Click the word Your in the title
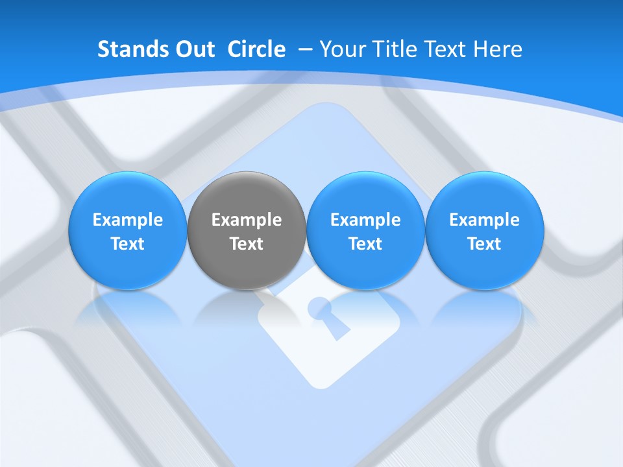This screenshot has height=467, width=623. [343, 49]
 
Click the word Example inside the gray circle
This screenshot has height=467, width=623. [247, 220]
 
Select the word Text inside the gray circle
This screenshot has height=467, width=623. [247, 244]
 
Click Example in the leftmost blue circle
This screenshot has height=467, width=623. [128, 220]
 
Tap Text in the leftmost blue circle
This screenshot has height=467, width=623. [128, 244]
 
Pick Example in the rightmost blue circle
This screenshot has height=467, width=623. [485, 220]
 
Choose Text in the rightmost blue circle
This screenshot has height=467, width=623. [485, 244]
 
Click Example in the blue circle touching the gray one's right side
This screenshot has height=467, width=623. [365, 220]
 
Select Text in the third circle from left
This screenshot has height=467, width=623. [365, 244]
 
